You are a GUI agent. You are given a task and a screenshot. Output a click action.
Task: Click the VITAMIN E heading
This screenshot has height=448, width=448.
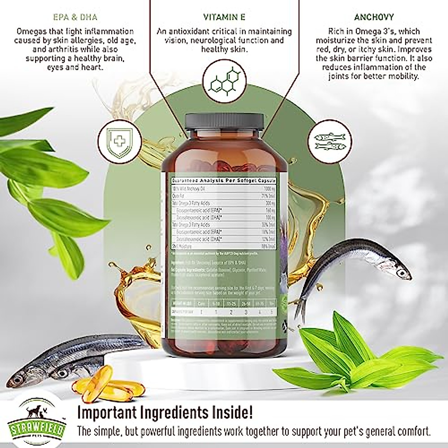point(224,17)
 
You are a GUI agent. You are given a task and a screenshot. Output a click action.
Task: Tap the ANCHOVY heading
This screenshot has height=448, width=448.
point(374,17)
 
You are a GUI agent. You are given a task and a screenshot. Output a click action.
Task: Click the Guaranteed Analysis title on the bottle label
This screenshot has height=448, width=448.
point(223,180)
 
